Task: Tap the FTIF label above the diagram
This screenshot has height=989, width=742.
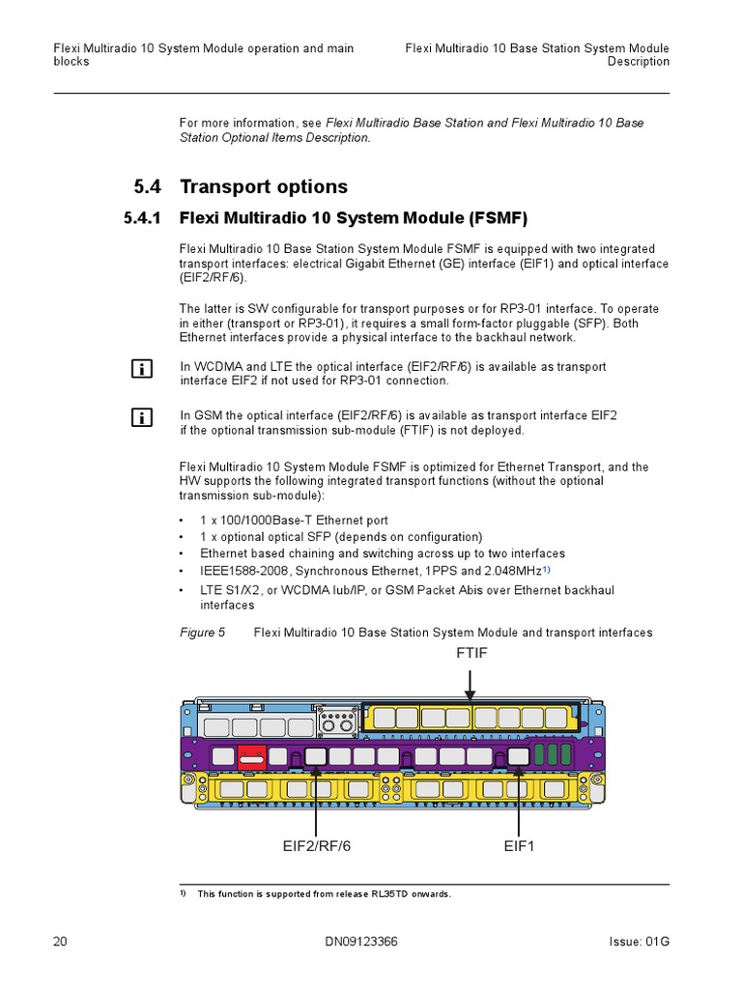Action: [x=471, y=654]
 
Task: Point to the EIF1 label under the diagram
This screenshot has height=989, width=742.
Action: [x=519, y=847]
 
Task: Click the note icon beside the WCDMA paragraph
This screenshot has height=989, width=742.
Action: [x=141, y=368]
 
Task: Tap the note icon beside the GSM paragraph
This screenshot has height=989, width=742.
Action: [x=141, y=416]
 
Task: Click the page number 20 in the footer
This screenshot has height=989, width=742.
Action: [x=60, y=942]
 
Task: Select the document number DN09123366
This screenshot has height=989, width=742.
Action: [x=371, y=942]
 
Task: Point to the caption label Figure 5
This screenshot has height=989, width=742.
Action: [x=202, y=633]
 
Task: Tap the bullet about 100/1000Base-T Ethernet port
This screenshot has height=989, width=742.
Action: [x=294, y=520]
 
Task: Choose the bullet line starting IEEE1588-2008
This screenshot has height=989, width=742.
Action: [x=375, y=571]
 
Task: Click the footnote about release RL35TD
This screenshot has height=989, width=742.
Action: [x=324, y=894]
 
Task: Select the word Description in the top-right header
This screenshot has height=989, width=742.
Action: [x=638, y=62]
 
